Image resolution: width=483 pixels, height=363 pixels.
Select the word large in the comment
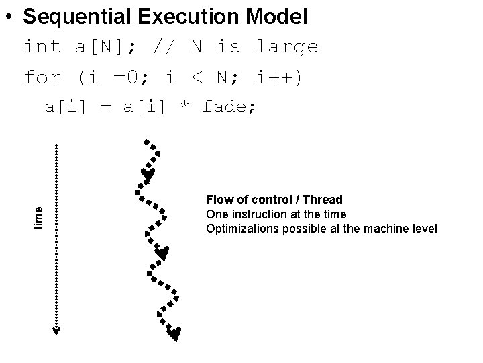coord(287,47)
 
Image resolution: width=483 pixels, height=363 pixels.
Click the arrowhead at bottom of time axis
coord(56,330)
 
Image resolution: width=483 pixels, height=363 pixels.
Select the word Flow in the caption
coord(218,200)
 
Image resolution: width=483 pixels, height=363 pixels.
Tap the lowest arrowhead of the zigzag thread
coord(174,333)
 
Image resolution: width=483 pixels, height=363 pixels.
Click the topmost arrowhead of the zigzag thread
coord(148,176)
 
